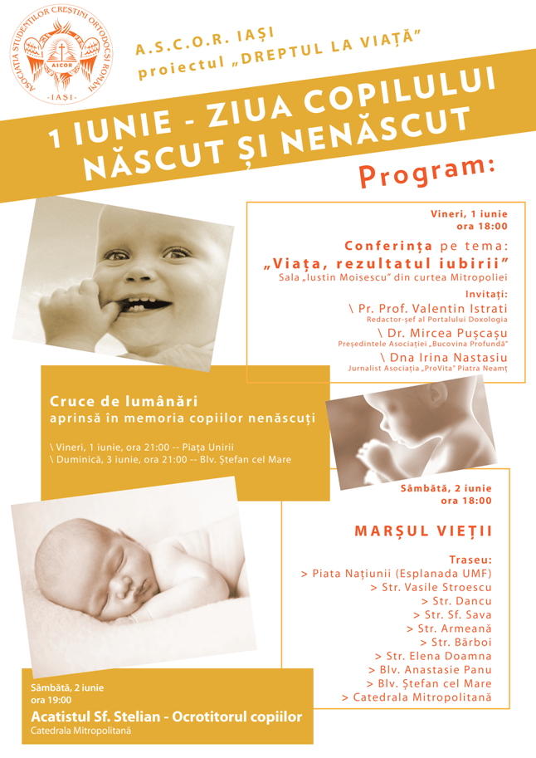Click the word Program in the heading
point(428,170)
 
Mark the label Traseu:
point(470,560)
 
